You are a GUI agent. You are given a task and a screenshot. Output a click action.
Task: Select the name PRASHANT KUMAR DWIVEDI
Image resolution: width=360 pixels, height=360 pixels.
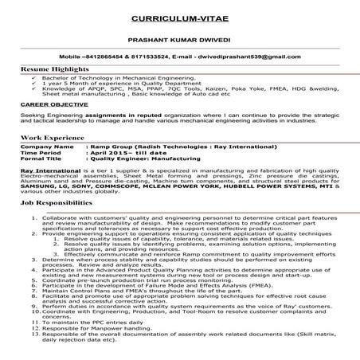(x=179, y=39)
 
